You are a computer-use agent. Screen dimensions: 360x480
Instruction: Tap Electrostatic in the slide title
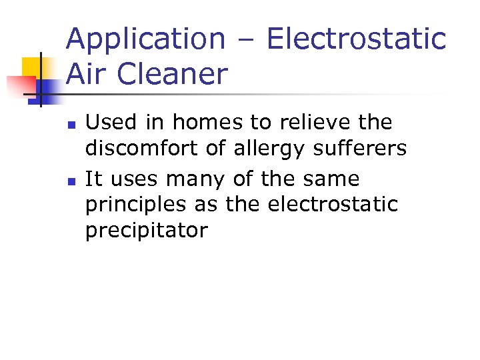tap(355, 39)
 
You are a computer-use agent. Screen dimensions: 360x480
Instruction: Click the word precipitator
tap(147, 231)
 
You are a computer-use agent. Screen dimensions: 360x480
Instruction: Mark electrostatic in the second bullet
tap(333, 205)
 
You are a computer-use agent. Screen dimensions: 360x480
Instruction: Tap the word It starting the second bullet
tap(93, 179)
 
